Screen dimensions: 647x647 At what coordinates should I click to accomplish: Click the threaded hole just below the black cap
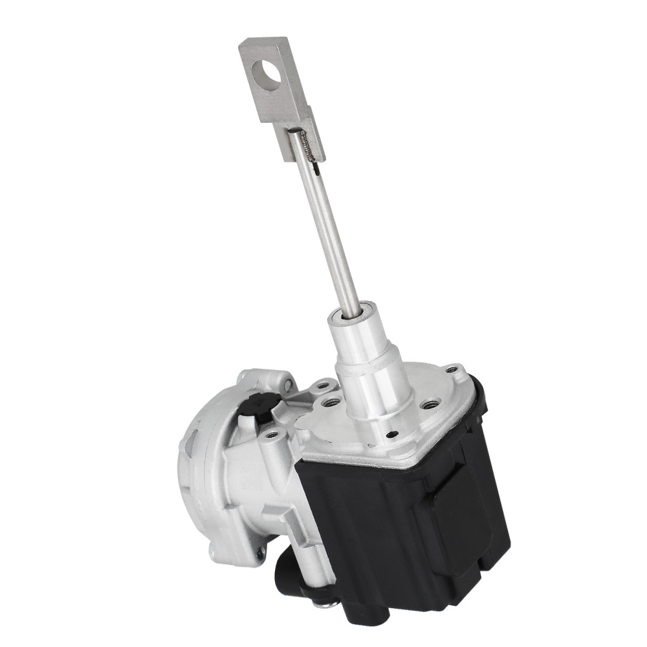pos(272,434)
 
